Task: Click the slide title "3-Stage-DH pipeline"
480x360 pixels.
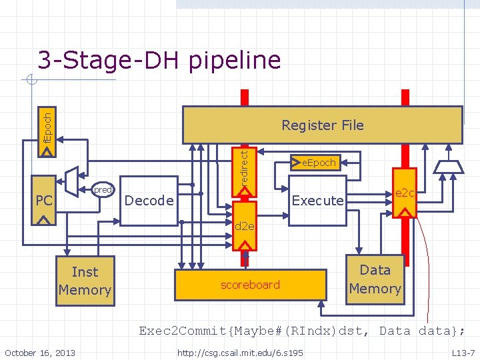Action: pos(159,61)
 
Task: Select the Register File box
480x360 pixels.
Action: pos(322,125)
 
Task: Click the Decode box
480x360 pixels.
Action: pos(149,201)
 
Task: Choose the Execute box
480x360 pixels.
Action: pos(318,201)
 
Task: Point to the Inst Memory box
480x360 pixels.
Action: pos(84,281)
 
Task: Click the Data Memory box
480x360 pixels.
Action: pos(375,279)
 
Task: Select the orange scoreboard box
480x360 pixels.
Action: pos(250,285)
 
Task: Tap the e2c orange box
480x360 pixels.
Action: pos(405,193)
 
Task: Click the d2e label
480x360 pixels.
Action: pos(245,227)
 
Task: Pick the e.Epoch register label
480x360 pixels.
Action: pos(318,162)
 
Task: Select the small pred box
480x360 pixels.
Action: pos(103,190)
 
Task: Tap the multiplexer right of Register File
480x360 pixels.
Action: pos(448,166)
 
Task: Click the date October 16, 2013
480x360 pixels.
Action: pos(39,352)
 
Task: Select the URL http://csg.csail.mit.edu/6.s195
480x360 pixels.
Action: pos(239,352)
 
